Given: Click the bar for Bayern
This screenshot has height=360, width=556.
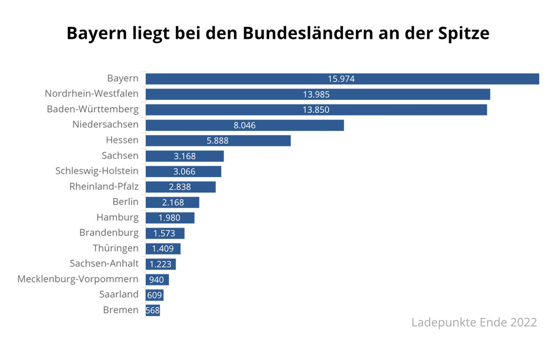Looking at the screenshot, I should (x=342, y=79).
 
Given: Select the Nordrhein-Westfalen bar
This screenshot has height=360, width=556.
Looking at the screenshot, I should (x=317, y=94).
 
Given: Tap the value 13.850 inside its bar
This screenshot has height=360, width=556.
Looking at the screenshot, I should (x=316, y=110).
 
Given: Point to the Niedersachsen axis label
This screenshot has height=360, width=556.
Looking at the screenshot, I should (x=105, y=124).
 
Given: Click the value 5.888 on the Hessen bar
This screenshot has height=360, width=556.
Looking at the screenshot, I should (x=217, y=141).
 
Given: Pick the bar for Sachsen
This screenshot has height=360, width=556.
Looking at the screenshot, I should (x=185, y=156).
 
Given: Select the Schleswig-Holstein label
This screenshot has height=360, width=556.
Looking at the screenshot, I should (x=97, y=171).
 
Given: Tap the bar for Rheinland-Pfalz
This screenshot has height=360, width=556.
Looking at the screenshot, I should (x=180, y=187).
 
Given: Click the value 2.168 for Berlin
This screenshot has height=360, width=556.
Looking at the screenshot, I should (x=172, y=202).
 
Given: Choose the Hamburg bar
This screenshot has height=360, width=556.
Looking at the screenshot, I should (x=170, y=218).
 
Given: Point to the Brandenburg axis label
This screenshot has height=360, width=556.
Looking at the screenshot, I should (x=108, y=232).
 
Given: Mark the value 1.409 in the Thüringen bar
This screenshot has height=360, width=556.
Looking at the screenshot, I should (x=163, y=249).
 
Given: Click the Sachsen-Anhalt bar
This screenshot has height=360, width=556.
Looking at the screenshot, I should (x=161, y=264).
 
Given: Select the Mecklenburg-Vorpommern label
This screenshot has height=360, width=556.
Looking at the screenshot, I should (x=78, y=279).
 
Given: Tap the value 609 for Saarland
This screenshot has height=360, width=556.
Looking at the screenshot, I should (x=155, y=295).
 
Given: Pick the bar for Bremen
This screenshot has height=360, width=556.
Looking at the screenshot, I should (x=153, y=311).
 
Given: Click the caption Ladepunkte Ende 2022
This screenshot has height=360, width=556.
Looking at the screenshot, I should (x=474, y=322).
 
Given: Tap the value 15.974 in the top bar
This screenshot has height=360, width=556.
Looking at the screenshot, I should (x=341, y=79).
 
